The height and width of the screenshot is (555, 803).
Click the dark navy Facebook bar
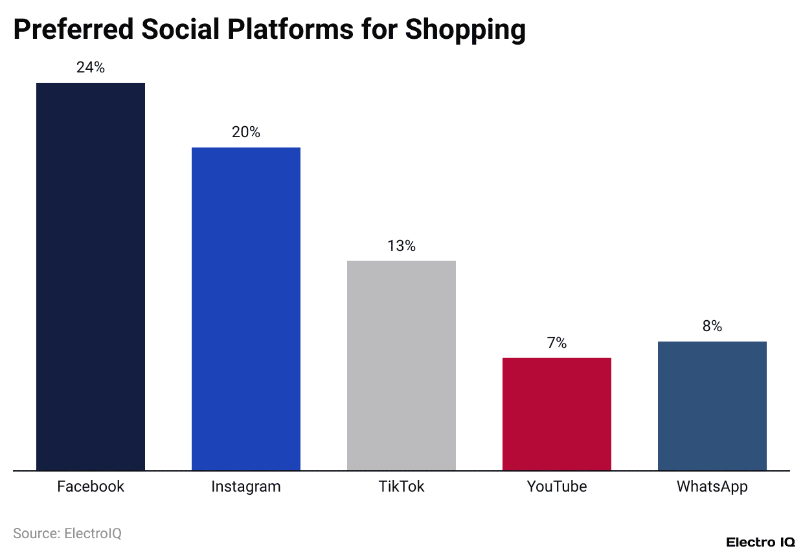point(91,276)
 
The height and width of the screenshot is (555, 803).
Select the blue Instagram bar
point(246,309)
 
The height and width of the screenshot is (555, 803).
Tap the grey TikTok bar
point(401,365)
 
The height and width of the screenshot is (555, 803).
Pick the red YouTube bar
point(557,414)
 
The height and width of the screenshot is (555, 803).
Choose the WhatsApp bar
point(712,406)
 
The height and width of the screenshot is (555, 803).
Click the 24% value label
point(91,67)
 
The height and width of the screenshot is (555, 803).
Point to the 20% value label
point(246,132)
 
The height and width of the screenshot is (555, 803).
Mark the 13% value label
point(401,246)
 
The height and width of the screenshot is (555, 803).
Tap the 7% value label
point(557,343)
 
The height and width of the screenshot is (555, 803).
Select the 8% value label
point(712,327)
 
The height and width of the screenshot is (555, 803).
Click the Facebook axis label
point(91,486)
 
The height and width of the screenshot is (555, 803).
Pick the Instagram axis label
point(246,486)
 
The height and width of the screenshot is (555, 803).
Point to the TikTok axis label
point(401,486)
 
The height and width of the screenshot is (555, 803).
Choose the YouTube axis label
point(557,486)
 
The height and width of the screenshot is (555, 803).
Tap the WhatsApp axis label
point(712,486)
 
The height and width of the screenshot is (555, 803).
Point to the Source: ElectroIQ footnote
point(67,534)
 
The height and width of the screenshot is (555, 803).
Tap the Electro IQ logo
point(760,542)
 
